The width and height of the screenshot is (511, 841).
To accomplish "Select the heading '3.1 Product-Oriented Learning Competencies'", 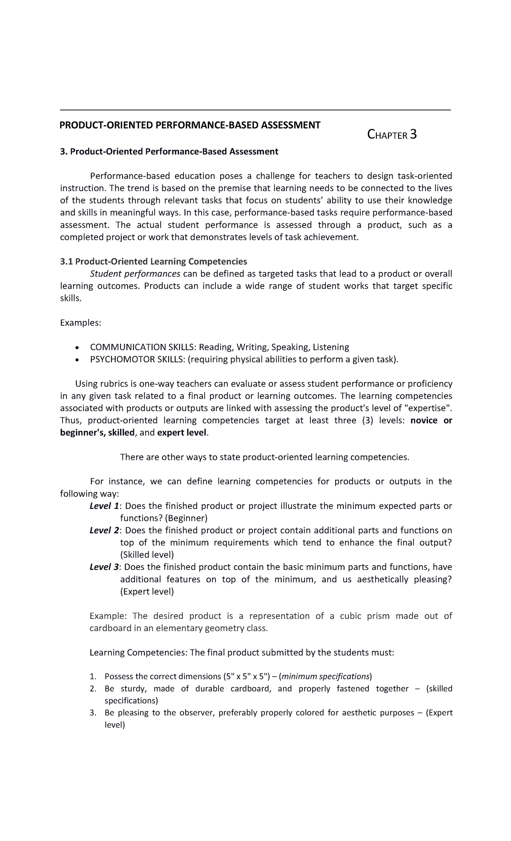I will click(153, 261).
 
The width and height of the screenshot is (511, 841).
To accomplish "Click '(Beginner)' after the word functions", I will click(186, 518).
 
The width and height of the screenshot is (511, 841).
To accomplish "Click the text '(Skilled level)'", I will click(147, 555).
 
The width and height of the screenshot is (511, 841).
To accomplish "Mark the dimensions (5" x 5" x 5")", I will click(246, 677).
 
